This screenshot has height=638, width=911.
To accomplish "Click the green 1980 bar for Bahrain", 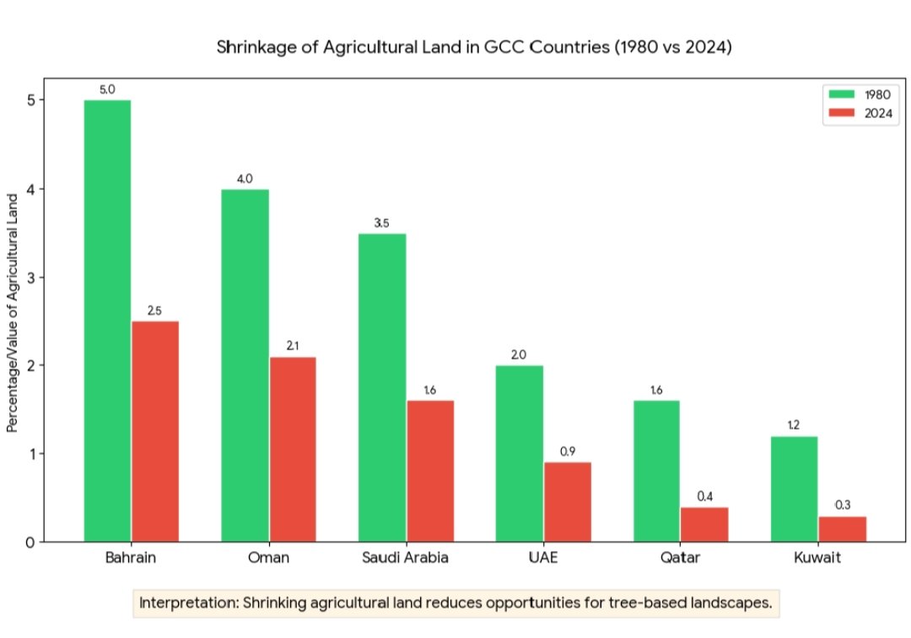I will pyautogui.click(x=107, y=321).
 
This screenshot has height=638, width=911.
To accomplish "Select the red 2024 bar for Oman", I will pyautogui.click(x=293, y=449).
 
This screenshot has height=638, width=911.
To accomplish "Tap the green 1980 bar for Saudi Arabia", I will pyautogui.click(x=382, y=387).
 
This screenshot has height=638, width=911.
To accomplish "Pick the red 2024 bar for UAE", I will pyautogui.click(x=567, y=501).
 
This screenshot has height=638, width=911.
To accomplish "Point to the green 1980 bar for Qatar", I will pyautogui.click(x=656, y=471).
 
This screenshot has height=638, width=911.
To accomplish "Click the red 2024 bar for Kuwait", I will pyautogui.click(x=842, y=528).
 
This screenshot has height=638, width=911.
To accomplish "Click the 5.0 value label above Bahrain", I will pyautogui.click(x=107, y=88).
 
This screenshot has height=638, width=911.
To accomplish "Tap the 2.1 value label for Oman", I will pyautogui.click(x=293, y=346).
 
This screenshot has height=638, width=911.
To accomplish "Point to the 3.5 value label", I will pyautogui.click(x=382, y=223).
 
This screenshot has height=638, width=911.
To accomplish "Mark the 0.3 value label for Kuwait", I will pyautogui.click(x=842, y=505).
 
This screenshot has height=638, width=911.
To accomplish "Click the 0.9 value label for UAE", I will pyautogui.click(x=567, y=451).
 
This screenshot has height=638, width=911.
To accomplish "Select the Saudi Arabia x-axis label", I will pyautogui.click(x=405, y=559).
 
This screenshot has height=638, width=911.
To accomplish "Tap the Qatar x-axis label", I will pyautogui.click(x=680, y=559).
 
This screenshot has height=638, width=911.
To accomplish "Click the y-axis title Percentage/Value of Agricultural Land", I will pyautogui.click(x=13, y=312).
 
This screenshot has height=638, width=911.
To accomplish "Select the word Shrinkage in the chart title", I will pyautogui.click(x=251, y=47).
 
